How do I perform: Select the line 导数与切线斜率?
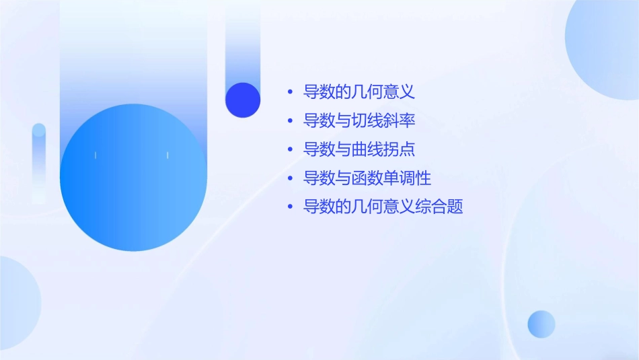pos(359,121)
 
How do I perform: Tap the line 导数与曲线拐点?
pos(359,149)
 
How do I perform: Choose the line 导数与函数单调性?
pos(367,178)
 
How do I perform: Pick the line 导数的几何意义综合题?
pos(383,207)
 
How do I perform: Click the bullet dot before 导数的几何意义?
pos(290,92)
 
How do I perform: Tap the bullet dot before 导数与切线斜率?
pos(290,121)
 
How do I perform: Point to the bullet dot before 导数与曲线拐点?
pos(290,149)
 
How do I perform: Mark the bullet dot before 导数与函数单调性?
pos(290,178)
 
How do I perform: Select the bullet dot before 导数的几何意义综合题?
pos(290,207)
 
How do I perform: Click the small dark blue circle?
pos(243,100)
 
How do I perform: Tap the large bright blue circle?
pos(133,177)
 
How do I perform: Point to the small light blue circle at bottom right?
pos(541,324)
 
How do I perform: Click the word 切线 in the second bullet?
pos(367,121)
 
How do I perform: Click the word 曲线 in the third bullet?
pos(367,149)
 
